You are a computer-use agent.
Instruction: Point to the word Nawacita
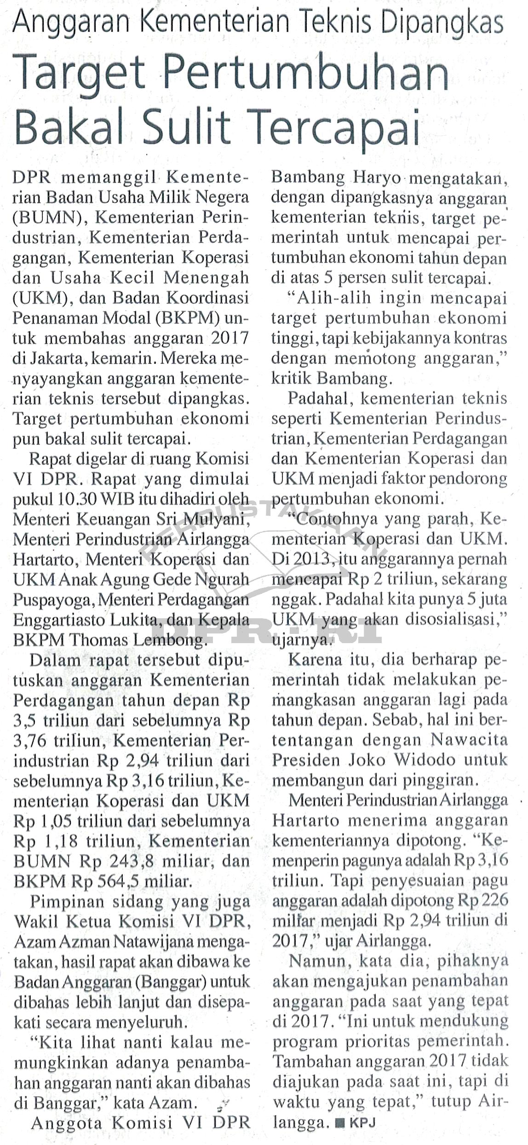tap(469, 741)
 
